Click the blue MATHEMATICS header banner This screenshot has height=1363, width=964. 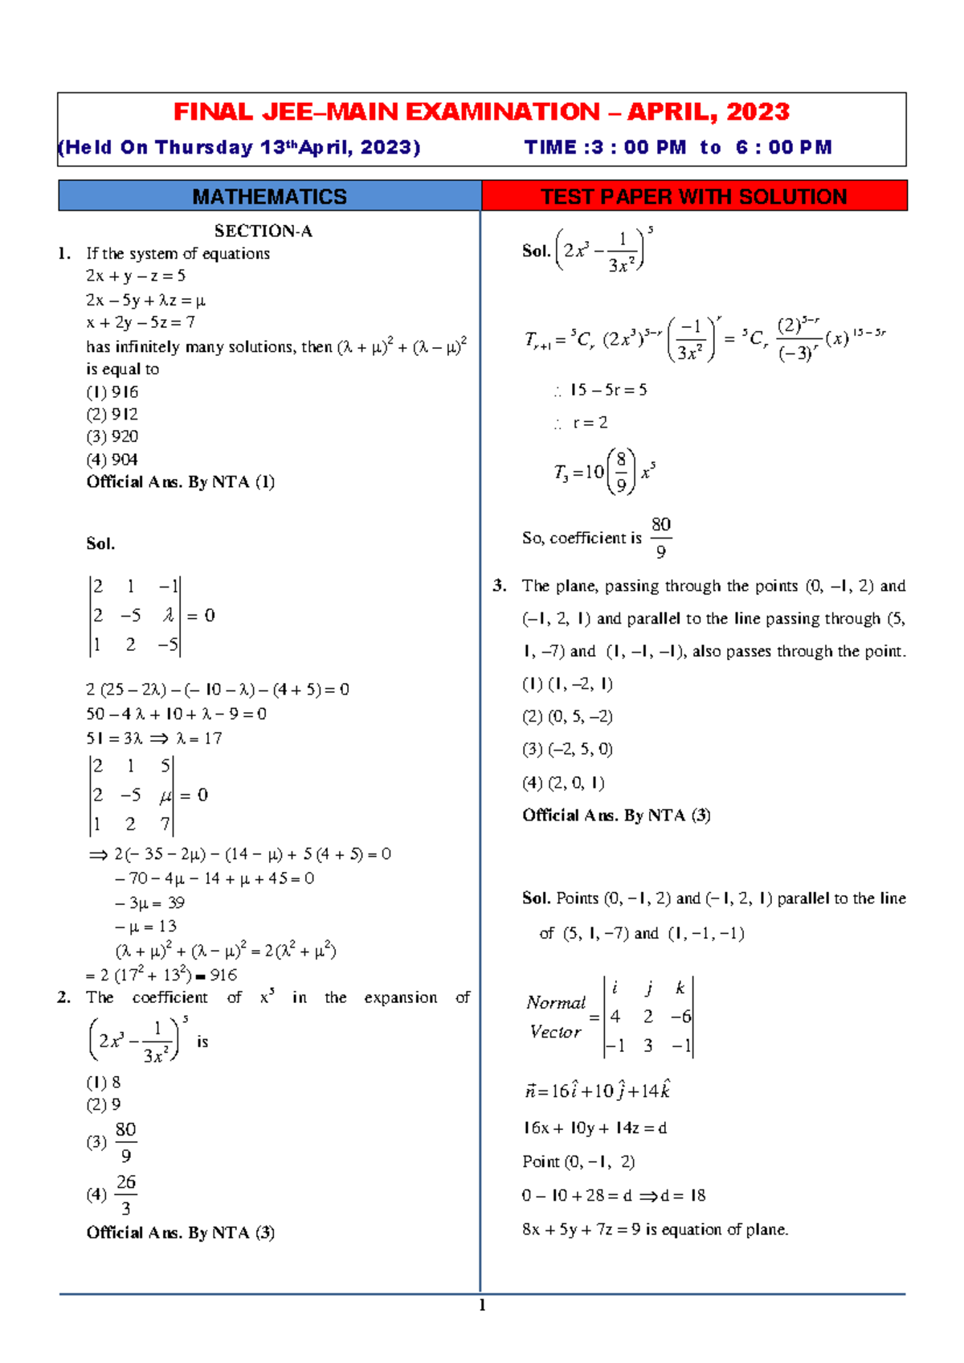click(269, 196)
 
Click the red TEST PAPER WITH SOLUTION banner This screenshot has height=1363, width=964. click(693, 196)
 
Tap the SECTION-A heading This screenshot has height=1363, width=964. click(263, 231)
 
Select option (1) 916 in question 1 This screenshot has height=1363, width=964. click(112, 392)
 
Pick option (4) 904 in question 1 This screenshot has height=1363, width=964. click(112, 460)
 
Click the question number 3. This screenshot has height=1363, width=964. click(500, 586)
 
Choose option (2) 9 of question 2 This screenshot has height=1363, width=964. click(104, 1105)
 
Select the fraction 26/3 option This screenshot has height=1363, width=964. click(125, 1194)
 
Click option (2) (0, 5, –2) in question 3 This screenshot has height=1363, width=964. click(567, 717)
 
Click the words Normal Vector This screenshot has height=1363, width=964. click(556, 1017)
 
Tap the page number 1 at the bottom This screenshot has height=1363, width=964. click(482, 1306)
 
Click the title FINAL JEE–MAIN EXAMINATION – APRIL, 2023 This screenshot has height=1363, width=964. click(482, 112)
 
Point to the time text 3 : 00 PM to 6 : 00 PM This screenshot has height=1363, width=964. click(677, 148)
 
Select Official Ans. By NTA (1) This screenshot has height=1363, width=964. click(181, 482)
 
